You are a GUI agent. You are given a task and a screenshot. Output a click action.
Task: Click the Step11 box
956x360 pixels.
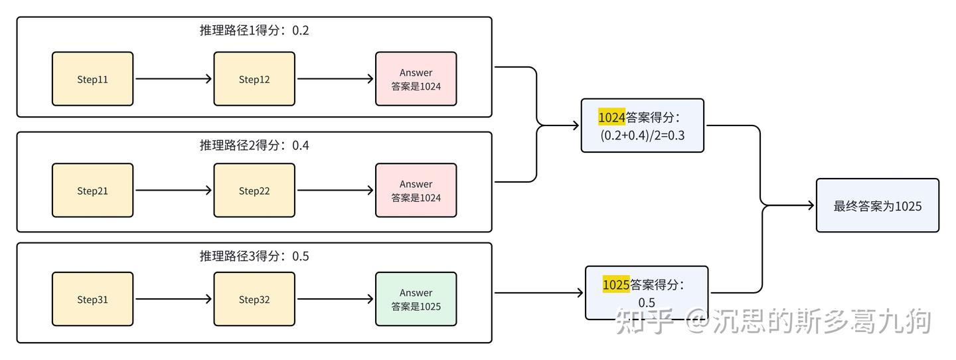[93, 79]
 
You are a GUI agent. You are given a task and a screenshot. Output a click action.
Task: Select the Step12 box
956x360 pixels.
[254, 79]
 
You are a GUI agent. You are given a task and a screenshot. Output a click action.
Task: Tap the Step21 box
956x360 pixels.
[93, 191]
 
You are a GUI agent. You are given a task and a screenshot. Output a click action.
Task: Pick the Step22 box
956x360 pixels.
[254, 191]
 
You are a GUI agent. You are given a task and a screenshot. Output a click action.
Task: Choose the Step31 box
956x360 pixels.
[93, 299]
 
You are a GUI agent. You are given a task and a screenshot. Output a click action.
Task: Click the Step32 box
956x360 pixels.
[254, 299]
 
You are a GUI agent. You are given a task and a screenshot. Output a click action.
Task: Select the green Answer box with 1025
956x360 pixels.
[416, 299]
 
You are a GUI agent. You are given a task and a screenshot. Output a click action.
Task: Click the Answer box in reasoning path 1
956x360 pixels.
[416, 79]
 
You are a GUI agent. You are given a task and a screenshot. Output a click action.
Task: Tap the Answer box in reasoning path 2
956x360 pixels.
[416, 191]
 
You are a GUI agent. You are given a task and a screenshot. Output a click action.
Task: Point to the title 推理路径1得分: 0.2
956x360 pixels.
[254, 31]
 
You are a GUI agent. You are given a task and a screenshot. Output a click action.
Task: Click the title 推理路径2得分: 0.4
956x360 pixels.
[254, 145]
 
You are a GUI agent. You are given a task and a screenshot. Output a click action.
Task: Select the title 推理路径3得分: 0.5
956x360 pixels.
[254, 256]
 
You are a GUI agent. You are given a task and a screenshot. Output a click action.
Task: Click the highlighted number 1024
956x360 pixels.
[611, 118]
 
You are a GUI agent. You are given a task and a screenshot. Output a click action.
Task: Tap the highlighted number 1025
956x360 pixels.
[615, 285]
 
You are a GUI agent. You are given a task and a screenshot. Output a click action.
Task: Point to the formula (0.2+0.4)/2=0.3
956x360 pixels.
[642, 135]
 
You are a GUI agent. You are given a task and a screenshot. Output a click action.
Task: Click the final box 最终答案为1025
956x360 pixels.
[877, 206]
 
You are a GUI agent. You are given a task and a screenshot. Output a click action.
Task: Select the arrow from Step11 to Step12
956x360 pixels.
[173, 79]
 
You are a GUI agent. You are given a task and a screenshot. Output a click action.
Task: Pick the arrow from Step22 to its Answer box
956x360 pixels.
[335, 191]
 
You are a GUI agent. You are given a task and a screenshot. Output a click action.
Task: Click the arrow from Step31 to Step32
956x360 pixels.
[173, 299]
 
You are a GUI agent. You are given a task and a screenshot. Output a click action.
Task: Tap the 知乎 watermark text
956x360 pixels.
[644, 321]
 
